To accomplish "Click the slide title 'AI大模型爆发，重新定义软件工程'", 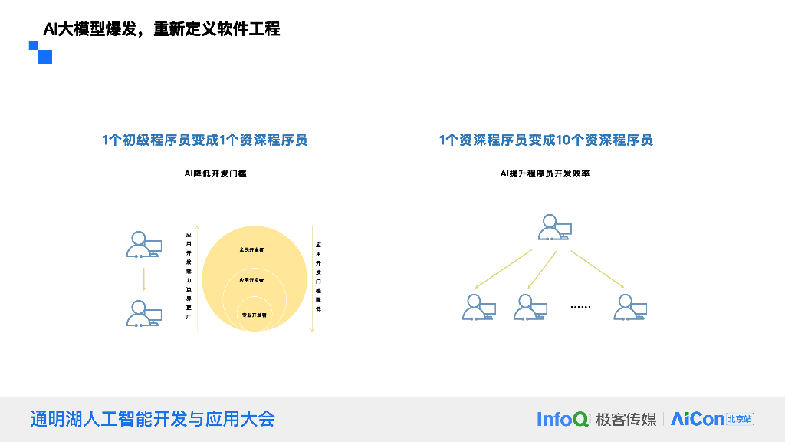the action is pos(162,29).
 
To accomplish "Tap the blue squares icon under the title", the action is pos(41,52).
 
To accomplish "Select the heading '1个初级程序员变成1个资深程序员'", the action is pos(205,140).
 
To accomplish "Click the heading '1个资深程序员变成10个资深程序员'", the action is pos(546,140).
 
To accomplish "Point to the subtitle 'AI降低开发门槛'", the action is pos(215,174).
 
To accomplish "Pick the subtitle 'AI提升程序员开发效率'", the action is pos(545,174).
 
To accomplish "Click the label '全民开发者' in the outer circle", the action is pos(251,249).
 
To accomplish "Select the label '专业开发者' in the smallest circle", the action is pos(254,315).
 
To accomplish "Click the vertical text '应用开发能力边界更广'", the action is pos(189,275).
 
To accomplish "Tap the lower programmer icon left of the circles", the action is pos(143,314).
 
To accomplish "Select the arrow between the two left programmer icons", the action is pos(143,279).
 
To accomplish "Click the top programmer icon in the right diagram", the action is pos(554,228).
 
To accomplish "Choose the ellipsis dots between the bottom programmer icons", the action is pos(580,307).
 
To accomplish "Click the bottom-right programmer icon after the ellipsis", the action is pos(630,307).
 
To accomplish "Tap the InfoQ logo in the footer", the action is pos(563,419).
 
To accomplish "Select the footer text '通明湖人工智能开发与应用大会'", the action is pos(152,419).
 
